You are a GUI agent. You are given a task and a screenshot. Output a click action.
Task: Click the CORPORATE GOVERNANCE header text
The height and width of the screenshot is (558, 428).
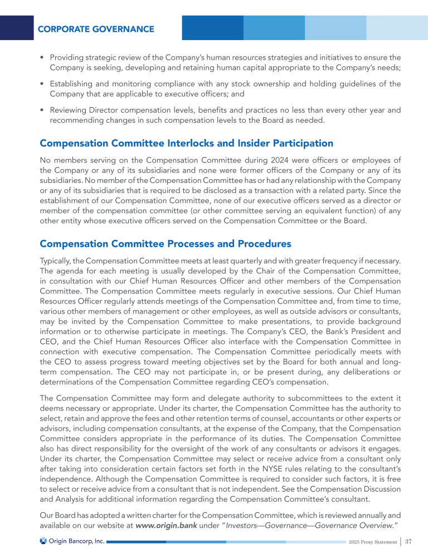pyautogui.click(x=96, y=29)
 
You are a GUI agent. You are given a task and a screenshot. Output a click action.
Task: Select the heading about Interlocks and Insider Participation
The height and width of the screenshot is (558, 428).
pyautogui.click(x=186, y=144)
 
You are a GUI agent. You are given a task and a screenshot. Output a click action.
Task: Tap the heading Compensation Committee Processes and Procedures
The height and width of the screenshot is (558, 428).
pyautogui.click(x=166, y=244)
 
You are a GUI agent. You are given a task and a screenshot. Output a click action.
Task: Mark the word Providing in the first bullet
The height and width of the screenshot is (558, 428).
pyautogui.click(x=69, y=57)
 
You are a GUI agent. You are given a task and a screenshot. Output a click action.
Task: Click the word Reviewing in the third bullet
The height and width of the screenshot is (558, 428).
pyautogui.click(x=70, y=110)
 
